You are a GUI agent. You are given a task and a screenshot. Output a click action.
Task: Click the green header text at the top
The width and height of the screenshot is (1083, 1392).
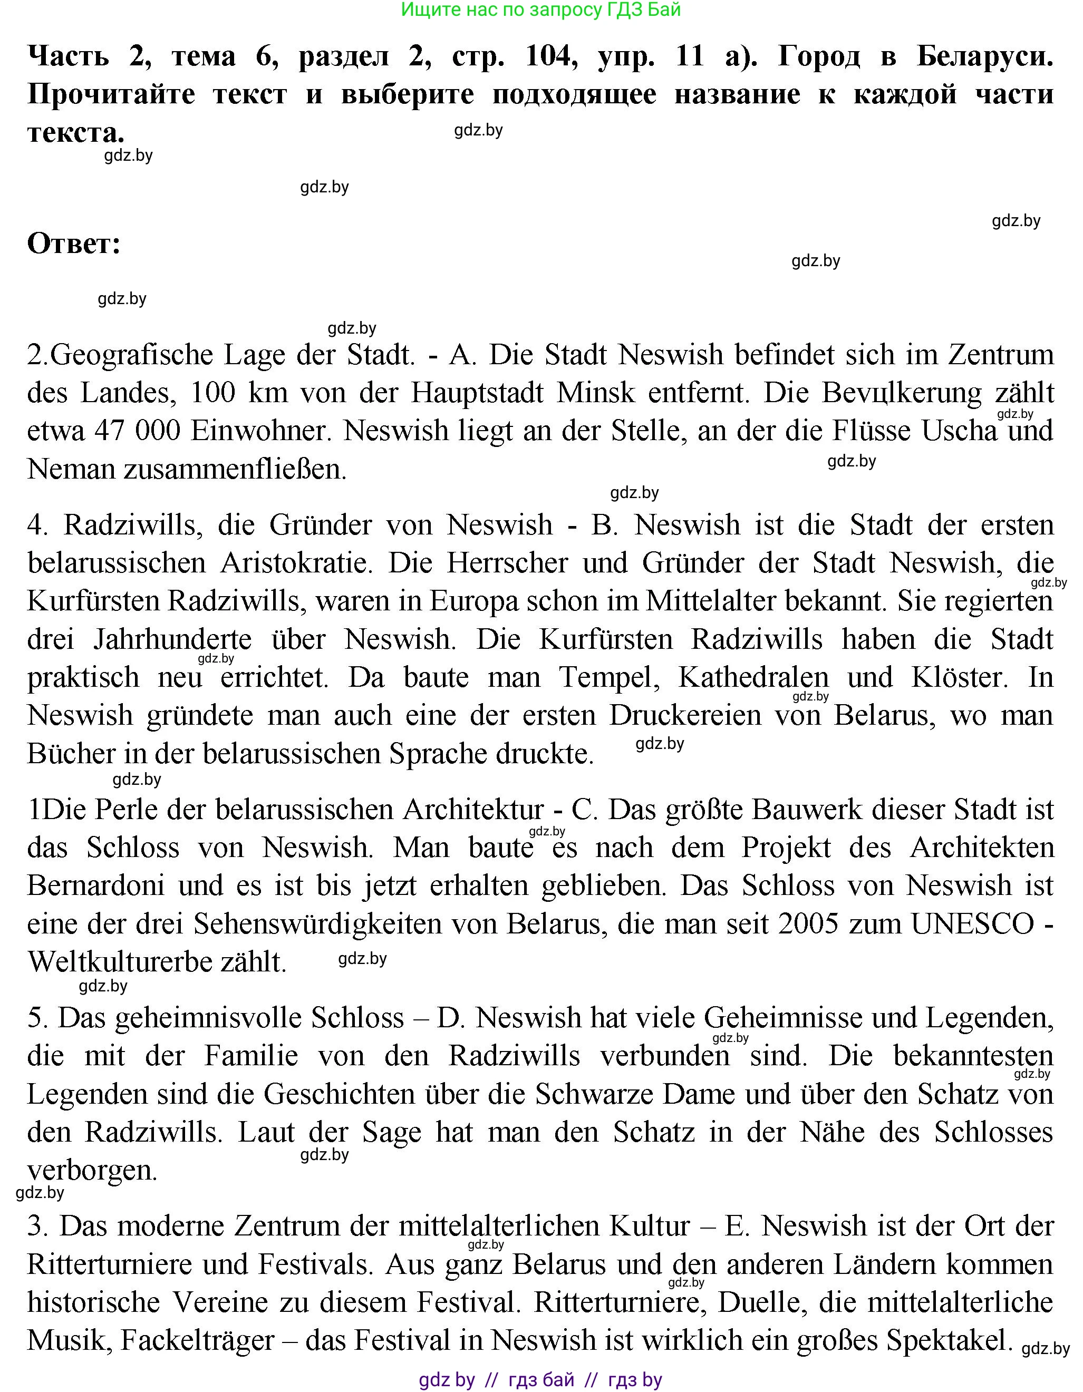coord(540,9)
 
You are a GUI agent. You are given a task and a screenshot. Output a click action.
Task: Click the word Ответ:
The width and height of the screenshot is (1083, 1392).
coord(74,244)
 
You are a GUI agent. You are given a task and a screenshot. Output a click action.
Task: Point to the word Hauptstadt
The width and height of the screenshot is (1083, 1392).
coord(477,393)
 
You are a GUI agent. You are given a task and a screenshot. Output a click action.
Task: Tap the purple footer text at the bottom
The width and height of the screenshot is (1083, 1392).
coord(540,1380)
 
